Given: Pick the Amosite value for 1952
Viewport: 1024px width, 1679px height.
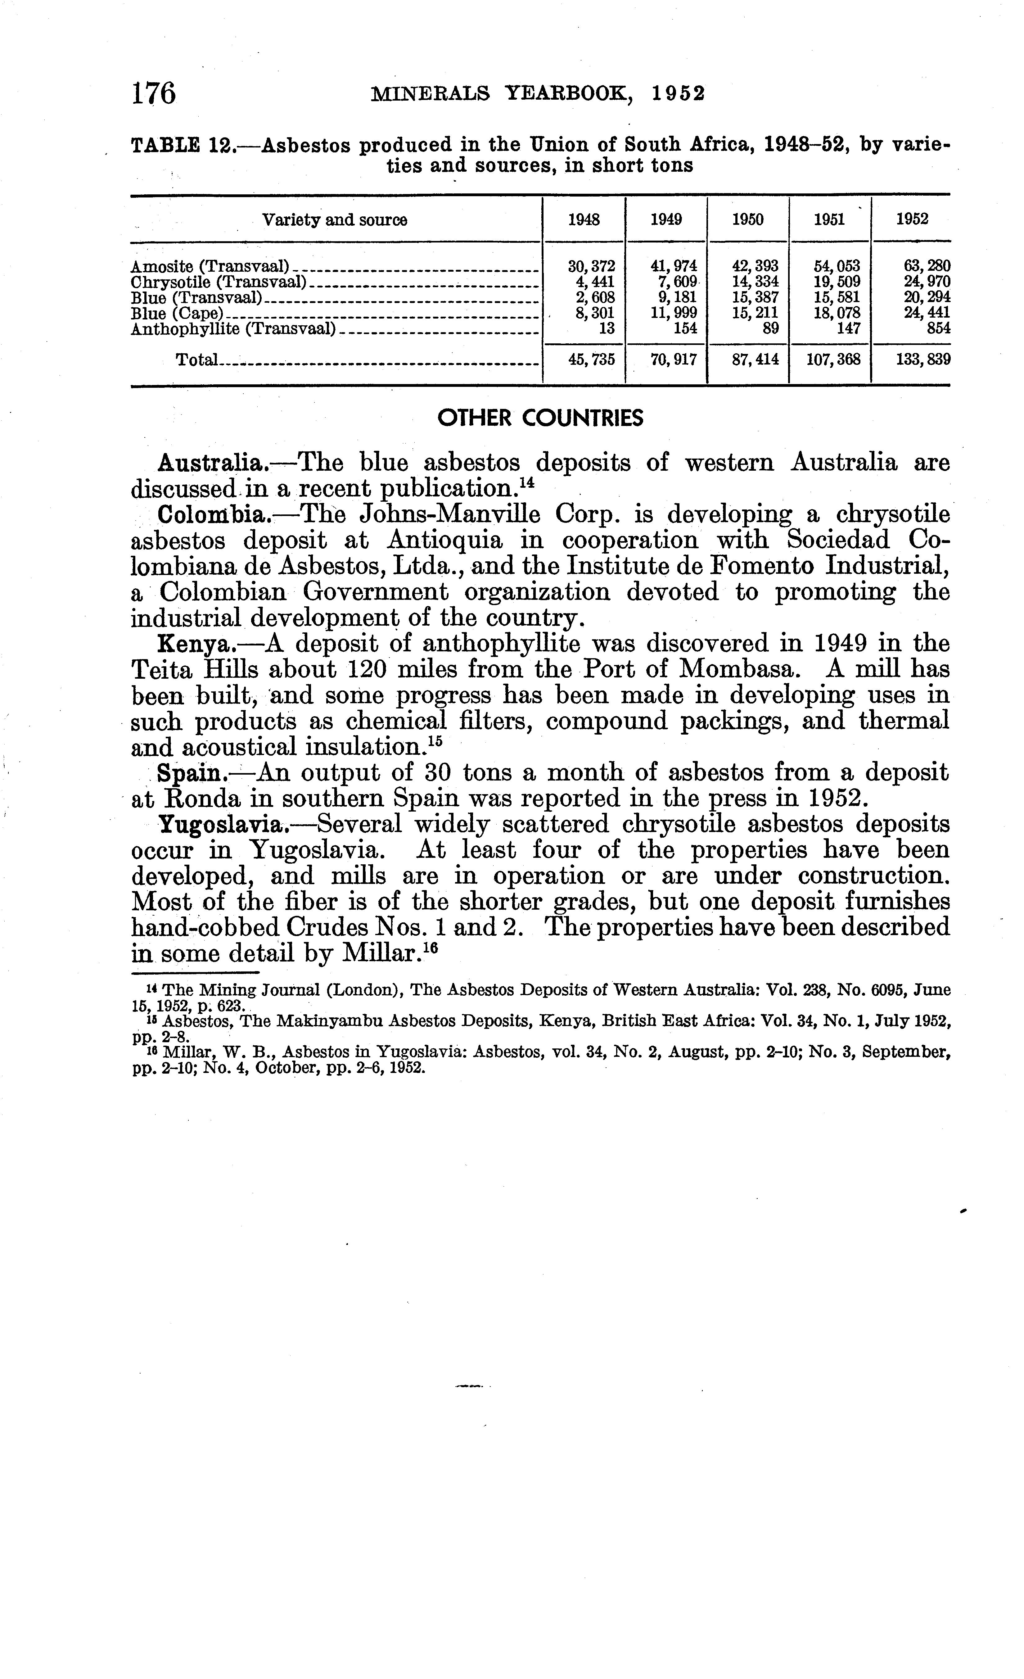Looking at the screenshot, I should pyautogui.click(x=913, y=266).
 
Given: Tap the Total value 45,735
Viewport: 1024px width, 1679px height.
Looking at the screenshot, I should pyautogui.click(x=591, y=359).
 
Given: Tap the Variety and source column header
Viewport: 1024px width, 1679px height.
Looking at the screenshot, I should pyautogui.click(x=335, y=220).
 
